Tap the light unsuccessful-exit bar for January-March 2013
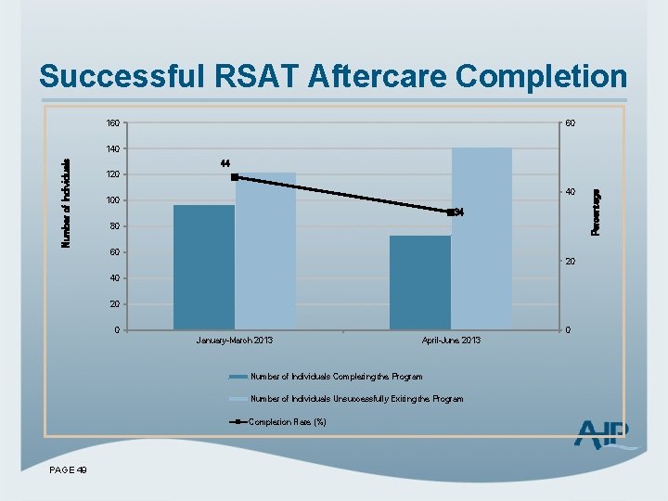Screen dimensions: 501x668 (265, 250)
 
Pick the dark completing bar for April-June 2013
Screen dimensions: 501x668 (420, 282)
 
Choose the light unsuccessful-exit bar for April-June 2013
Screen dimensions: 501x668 (482, 238)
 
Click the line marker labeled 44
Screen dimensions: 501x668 (235, 177)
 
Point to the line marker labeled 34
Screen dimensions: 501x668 (450, 212)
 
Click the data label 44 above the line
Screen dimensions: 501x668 (225, 163)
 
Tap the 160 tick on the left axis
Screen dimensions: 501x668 (112, 122)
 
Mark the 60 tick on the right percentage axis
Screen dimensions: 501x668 (572, 122)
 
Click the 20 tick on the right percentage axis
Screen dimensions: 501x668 (572, 263)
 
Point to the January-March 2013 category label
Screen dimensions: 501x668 (234, 340)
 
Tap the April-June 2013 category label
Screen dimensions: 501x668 (451, 340)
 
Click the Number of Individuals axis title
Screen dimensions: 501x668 (66, 202)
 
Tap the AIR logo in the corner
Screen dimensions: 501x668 (606, 434)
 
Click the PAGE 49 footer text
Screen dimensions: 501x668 (68, 471)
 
